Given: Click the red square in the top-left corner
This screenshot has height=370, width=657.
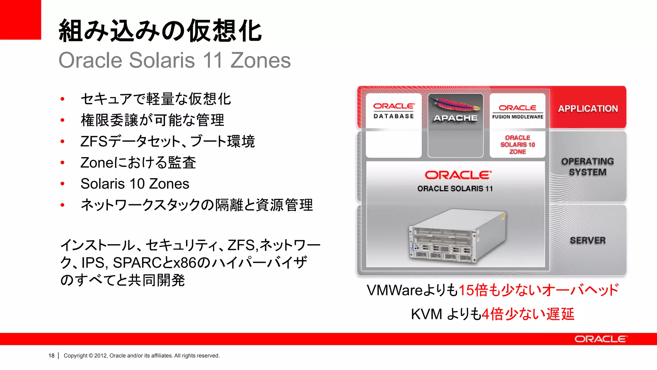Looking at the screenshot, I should (20, 19).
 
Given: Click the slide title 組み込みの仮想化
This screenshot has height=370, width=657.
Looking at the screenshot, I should (160, 31).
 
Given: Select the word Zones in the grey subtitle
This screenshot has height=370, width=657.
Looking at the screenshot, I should (260, 60).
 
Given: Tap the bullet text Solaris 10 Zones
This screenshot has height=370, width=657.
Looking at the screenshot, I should (135, 184).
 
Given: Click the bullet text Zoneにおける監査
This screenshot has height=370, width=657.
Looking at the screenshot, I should (138, 163).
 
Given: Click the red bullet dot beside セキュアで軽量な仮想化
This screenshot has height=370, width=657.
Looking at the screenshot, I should (63, 99).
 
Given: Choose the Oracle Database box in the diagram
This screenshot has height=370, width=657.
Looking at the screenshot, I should (394, 111).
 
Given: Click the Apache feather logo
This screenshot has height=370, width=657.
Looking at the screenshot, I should (456, 104).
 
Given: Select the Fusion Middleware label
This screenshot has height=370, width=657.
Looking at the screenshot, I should (517, 117).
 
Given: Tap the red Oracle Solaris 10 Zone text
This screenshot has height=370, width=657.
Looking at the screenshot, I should (517, 145).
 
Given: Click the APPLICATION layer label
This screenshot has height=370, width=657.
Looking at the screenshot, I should (588, 109).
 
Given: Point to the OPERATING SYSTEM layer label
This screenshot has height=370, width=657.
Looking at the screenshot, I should (587, 167).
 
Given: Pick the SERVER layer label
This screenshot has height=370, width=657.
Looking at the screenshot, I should (587, 240).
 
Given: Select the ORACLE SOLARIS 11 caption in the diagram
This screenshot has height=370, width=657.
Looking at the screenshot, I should (455, 189).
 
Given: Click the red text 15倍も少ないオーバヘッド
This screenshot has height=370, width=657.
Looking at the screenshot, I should (538, 290).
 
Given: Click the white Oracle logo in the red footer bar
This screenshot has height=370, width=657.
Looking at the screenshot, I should (601, 339).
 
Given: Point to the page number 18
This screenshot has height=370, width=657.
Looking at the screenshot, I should (51, 356).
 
